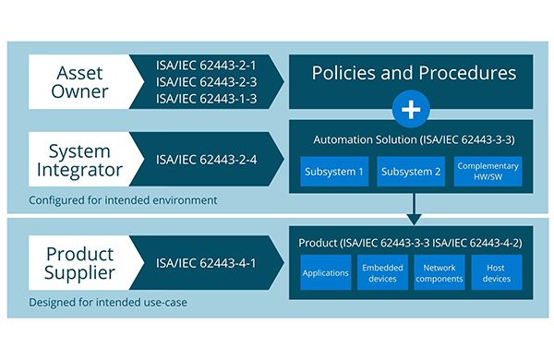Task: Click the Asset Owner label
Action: click(79, 82)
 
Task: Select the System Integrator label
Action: click(79, 160)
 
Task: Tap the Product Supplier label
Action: click(79, 263)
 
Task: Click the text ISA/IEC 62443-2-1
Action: click(206, 66)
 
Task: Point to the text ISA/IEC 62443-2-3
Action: click(206, 82)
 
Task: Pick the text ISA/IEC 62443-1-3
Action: click(206, 99)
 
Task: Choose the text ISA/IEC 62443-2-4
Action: click(206, 160)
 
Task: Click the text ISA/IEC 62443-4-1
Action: click(206, 263)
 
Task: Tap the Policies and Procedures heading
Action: click(414, 73)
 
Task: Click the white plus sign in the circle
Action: click(411, 109)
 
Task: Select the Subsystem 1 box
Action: click(334, 172)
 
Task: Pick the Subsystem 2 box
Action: click(411, 172)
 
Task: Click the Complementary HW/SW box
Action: click(488, 172)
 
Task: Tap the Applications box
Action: click(326, 272)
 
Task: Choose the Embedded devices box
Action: click(382, 272)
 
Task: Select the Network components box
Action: click(440, 272)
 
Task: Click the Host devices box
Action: click(497, 272)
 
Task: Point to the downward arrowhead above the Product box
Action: click(414, 220)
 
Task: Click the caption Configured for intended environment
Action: click(123, 200)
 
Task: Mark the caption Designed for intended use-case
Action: click(108, 303)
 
